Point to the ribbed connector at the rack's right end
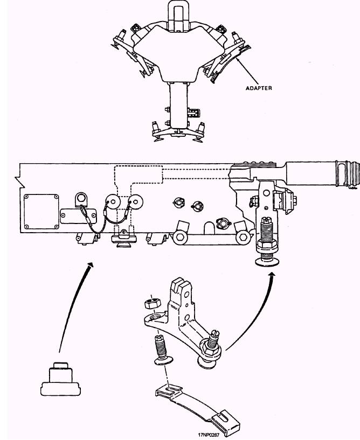344,174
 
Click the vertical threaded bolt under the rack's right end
266,232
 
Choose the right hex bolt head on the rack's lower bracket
244,237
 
